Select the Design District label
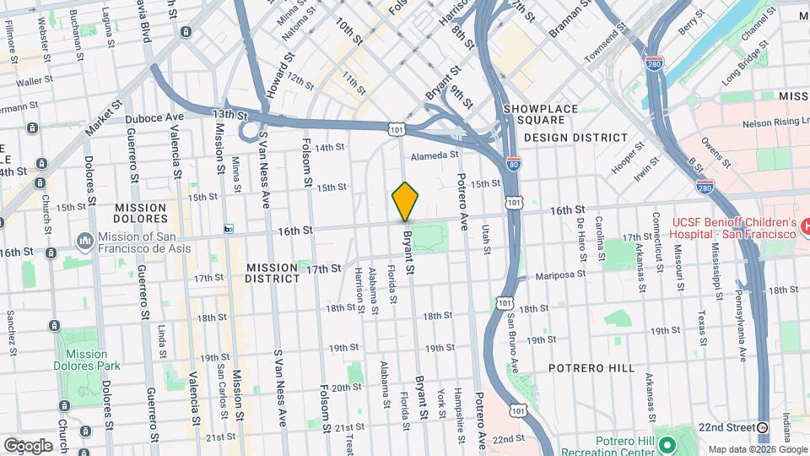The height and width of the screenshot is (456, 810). pyautogui.click(x=575, y=137)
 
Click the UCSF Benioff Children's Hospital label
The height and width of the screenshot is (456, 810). pyautogui.click(x=734, y=227)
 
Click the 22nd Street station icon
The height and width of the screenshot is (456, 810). pyautogui.click(x=763, y=426)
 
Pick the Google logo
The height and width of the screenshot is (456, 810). pyautogui.click(x=28, y=445)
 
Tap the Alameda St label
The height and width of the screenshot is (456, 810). pyautogui.click(x=435, y=155)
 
